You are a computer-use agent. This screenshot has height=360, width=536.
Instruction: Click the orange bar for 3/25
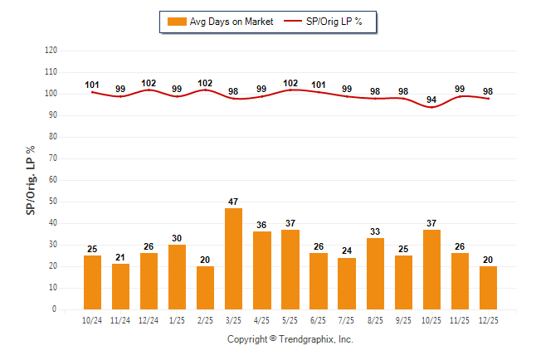234,258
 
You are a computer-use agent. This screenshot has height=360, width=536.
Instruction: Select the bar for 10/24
93,282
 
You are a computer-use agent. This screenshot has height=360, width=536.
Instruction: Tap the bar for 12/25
489,287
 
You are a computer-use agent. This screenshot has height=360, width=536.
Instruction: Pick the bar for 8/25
375,274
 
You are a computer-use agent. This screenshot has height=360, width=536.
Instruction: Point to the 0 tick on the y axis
55,309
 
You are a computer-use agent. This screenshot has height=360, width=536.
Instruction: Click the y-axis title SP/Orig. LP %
31,180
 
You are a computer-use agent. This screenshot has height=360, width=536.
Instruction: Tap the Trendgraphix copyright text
290,339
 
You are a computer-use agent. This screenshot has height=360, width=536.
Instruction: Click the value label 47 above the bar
234,202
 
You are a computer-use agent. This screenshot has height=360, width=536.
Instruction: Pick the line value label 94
431,100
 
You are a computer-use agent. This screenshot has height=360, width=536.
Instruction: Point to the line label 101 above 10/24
92,85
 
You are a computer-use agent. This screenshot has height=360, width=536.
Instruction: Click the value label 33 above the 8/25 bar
375,231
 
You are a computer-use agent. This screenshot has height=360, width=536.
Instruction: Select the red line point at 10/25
432,108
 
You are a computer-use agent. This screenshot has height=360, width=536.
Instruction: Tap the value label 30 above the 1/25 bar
178,238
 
